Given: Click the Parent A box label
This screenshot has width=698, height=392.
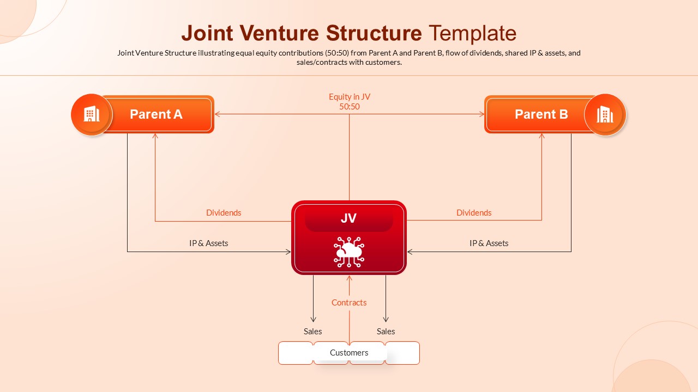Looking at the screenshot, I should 156,114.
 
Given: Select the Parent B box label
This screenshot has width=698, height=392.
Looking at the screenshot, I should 541,114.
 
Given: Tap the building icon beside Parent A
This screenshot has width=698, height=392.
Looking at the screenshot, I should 92,114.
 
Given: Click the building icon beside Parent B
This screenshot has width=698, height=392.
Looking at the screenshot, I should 605,114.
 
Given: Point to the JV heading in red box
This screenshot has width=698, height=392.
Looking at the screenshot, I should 348,218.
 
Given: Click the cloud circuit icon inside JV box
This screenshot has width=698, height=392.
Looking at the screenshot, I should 349,252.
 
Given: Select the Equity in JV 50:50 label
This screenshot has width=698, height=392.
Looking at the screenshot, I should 349,102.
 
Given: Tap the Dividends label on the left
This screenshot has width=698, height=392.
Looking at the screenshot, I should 224,213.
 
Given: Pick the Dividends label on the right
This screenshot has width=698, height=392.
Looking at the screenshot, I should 474,213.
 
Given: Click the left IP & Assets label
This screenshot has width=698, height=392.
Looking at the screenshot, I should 208,243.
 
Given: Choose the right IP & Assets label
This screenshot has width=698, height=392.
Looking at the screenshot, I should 489,243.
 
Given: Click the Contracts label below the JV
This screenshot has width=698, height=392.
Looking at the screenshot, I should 349,303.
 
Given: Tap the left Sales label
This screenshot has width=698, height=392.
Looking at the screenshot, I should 312,332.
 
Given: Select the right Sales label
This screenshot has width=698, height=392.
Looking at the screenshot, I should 386,332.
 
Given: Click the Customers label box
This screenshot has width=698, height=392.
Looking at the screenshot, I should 349,353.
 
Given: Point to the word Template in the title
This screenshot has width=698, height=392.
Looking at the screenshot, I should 472,33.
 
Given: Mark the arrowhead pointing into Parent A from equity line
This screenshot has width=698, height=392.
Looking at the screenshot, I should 217,114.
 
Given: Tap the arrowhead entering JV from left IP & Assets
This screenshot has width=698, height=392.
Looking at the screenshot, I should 288,252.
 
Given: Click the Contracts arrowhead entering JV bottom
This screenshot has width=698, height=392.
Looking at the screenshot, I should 349,278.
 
